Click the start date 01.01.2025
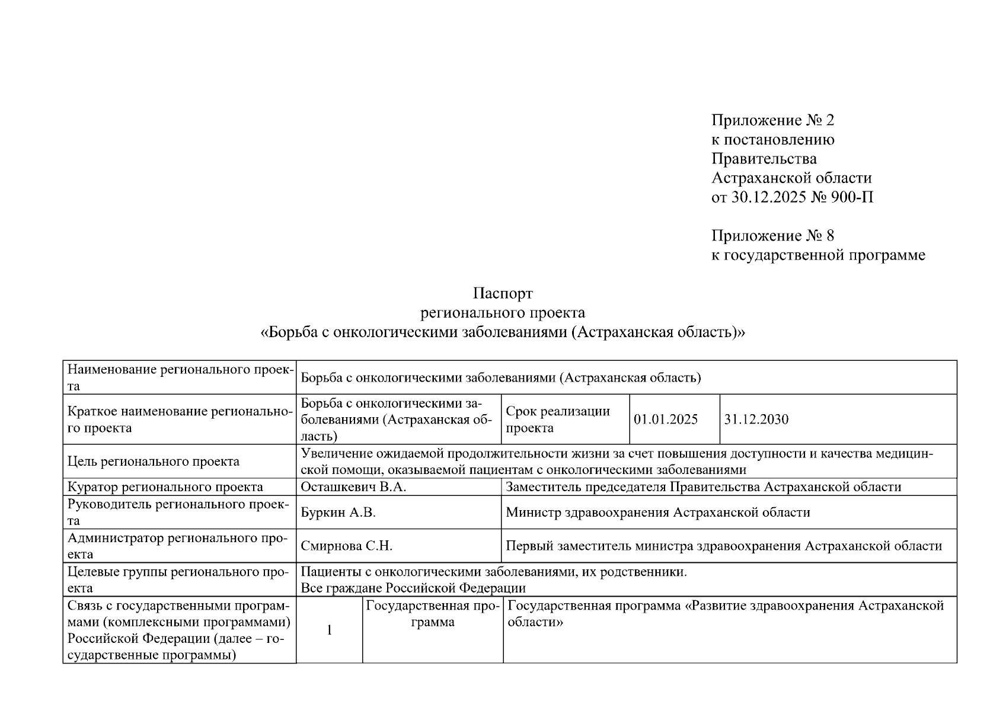tap(665, 419)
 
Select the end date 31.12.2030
tap(756, 419)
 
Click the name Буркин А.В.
tap(338, 513)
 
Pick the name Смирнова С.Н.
tap(346, 546)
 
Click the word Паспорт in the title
tap(503, 293)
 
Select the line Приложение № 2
tap(772, 120)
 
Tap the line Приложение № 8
tap(772, 236)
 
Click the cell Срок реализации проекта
tap(557, 419)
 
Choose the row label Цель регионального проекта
tap(154, 462)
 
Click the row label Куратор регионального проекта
tap(165, 487)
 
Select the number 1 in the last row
tap(330, 630)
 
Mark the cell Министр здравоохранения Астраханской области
tap(657, 513)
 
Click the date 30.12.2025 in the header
tap(768, 197)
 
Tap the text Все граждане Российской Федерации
tap(413, 588)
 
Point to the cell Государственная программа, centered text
tap(432, 614)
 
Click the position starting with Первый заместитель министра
tap(723, 546)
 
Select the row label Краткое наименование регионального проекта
tap(180, 419)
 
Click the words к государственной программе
tap(817, 255)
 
